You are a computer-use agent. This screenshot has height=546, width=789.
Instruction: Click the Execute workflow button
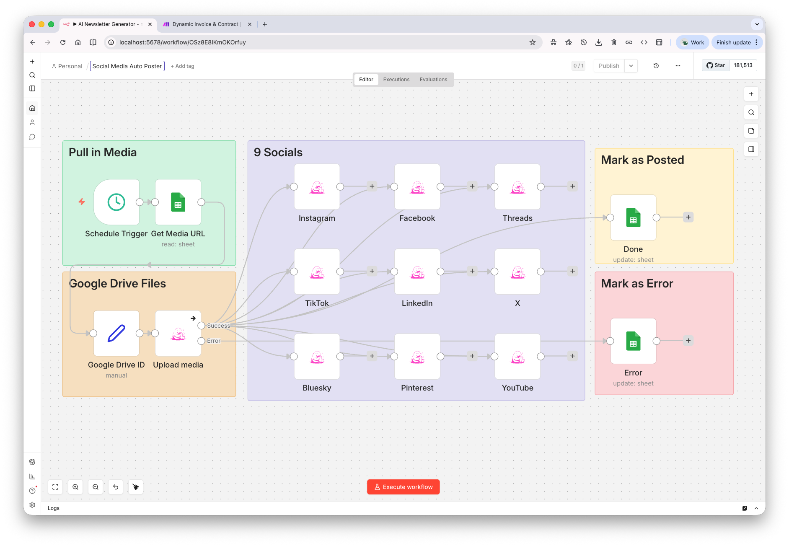click(403, 487)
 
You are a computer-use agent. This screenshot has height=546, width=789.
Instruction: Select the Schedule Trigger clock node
click(116, 202)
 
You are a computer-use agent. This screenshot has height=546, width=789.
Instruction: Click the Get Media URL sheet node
click(178, 202)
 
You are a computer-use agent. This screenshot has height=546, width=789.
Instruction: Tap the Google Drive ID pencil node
click(116, 333)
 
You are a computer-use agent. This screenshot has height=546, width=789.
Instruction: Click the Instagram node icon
click(317, 187)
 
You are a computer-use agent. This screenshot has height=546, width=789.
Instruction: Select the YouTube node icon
click(517, 357)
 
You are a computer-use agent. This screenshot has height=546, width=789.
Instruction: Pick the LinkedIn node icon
click(417, 272)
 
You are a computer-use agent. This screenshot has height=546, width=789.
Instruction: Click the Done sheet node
click(633, 217)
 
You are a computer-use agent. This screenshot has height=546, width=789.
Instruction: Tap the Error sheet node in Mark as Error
click(633, 341)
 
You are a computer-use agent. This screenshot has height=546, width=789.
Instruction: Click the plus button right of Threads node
click(572, 186)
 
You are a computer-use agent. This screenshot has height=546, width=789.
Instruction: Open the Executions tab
click(396, 80)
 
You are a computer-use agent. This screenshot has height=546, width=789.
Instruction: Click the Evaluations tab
click(433, 80)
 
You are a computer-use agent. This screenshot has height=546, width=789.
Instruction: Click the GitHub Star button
click(716, 65)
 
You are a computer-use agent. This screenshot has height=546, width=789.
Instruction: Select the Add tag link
click(183, 66)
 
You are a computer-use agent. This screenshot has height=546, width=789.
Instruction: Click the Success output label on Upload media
click(218, 326)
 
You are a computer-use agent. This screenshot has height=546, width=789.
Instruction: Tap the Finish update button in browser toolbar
click(733, 42)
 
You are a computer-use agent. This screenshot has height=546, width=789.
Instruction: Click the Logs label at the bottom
click(54, 508)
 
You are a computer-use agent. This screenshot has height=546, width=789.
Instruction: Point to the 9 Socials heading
click(278, 153)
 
